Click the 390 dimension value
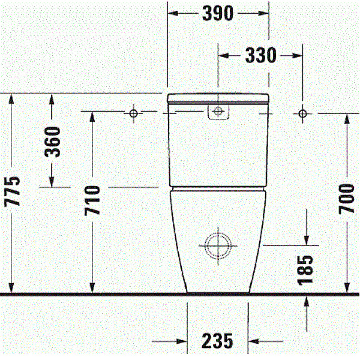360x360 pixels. click(x=218, y=13)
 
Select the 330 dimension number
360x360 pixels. click(x=261, y=55)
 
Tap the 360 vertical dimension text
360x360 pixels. click(x=53, y=142)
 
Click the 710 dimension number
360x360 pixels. click(x=92, y=201)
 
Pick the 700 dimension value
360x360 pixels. click(x=346, y=199)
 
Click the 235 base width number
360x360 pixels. click(x=217, y=341)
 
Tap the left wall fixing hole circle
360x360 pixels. click(x=133, y=113)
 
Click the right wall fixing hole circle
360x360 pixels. click(x=302, y=113)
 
